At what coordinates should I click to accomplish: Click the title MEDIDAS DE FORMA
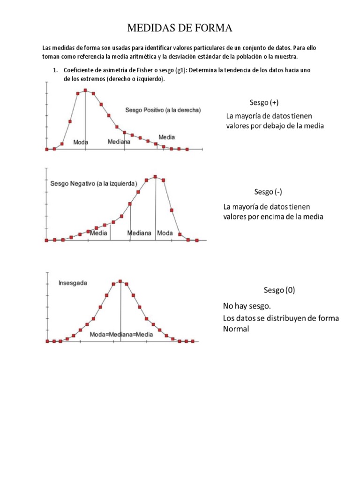[180, 29]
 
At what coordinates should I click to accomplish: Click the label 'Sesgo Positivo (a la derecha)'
[163, 110]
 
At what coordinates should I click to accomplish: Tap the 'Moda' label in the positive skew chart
[81, 142]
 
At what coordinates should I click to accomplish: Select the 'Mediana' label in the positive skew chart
[119, 141]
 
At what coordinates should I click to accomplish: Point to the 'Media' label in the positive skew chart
[166, 137]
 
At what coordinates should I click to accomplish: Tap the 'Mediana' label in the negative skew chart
[140, 232]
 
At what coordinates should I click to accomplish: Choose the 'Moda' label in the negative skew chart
[165, 232]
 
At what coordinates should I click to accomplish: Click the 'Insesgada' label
[73, 283]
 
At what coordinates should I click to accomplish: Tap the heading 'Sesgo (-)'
[268, 192]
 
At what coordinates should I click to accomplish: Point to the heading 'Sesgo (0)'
[279, 290]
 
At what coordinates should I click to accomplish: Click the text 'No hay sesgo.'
[247, 307]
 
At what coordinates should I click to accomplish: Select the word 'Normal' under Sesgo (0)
[236, 329]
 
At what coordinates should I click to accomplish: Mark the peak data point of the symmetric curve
[120, 281]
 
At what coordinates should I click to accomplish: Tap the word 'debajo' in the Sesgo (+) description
[278, 126]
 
